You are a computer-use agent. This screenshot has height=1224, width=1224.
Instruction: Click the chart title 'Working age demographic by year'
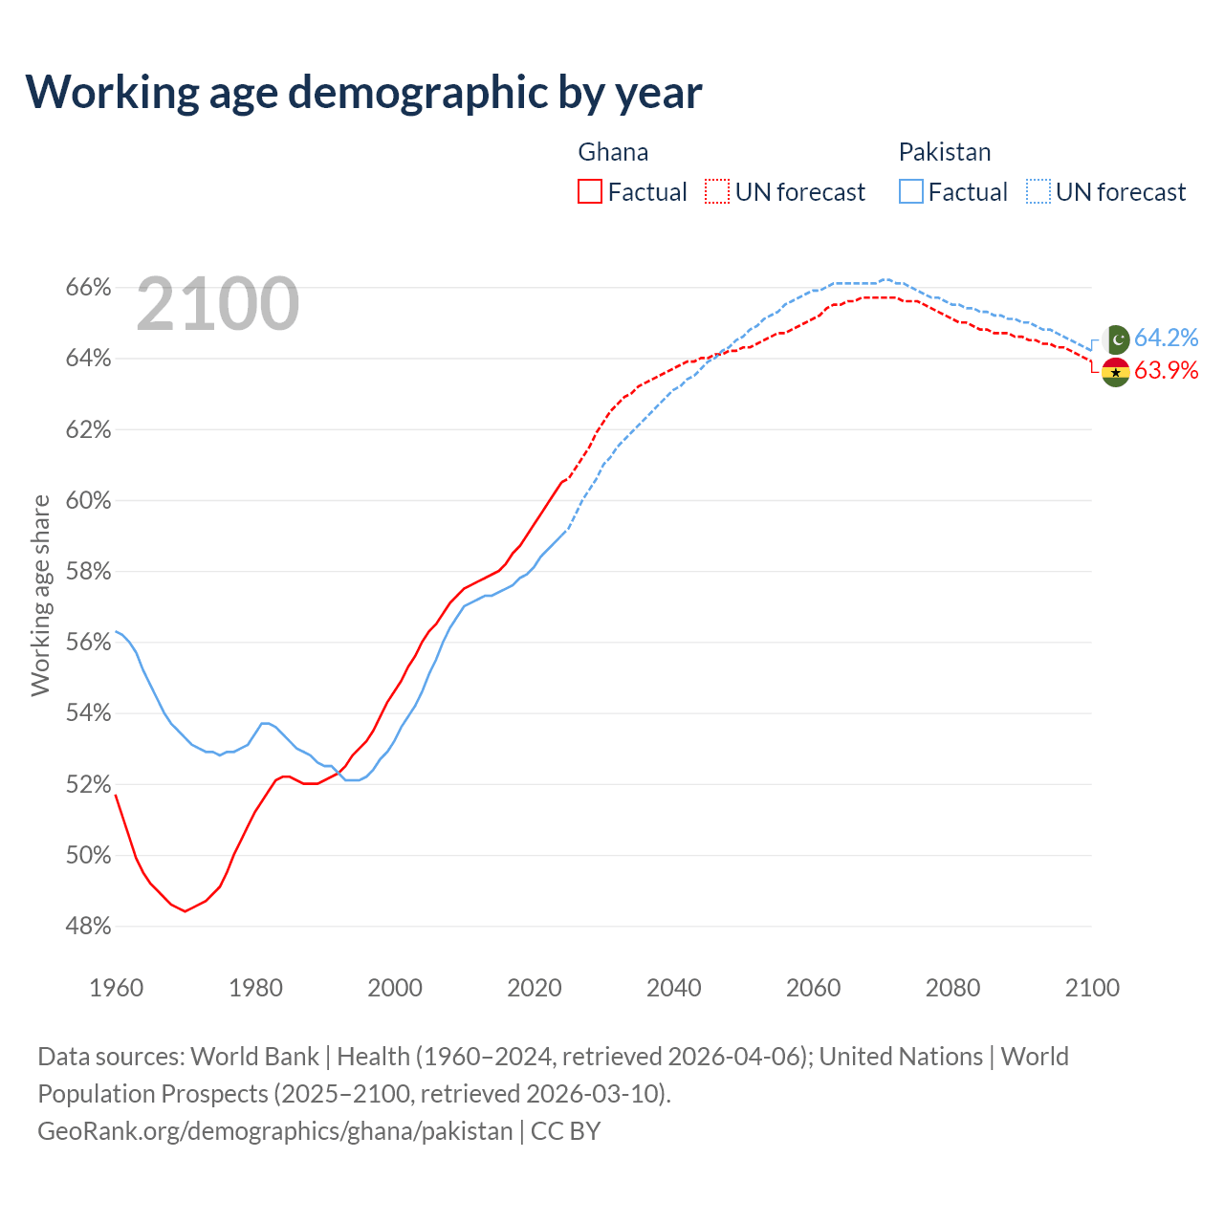pyautogui.click(x=363, y=92)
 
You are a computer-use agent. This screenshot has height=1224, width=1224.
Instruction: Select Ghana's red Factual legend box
pyautogui.click(x=590, y=191)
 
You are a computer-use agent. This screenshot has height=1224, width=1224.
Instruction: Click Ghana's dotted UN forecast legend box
pyautogui.click(x=717, y=191)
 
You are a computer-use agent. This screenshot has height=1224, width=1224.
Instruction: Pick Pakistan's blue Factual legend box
pyautogui.click(x=911, y=191)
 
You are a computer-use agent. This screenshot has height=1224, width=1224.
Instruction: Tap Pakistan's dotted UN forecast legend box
pyautogui.click(x=1038, y=191)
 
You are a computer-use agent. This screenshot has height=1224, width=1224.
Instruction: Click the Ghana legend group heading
pyautogui.click(x=613, y=152)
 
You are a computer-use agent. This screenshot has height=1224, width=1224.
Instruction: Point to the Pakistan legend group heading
pyautogui.click(x=945, y=152)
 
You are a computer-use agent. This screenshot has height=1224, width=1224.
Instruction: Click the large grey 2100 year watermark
pyautogui.click(x=218, y=304)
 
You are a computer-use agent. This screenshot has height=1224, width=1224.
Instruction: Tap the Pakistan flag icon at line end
pyautogui.click(x=1116, y=339)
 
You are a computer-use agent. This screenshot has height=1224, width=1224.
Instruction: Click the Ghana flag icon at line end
pyautogui.click(x=1116, y=372)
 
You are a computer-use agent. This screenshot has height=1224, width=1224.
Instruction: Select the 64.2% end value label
pyautogui.click(x=1166, y=338)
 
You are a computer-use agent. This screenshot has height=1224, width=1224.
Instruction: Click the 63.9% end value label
pyautogui.click(x=1166, y=371)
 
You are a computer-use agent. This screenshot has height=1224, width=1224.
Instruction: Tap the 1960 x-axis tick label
pyautogui.click(x=117, y=988)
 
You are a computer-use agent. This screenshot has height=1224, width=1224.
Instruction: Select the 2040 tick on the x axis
pyautogui.click(x=674, y=988)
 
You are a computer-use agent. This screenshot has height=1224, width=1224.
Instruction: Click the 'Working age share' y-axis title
pyautogui.click(x=40, y=595)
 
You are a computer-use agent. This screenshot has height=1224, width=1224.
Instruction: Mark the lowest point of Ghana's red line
pyautogui.click(x=186, y=911)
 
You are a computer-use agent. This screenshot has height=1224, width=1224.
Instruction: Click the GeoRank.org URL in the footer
pyautogui.click(x=275, y=1131)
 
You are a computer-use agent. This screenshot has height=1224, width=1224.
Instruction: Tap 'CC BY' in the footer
pyautogui.click(x=566, y=1131)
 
